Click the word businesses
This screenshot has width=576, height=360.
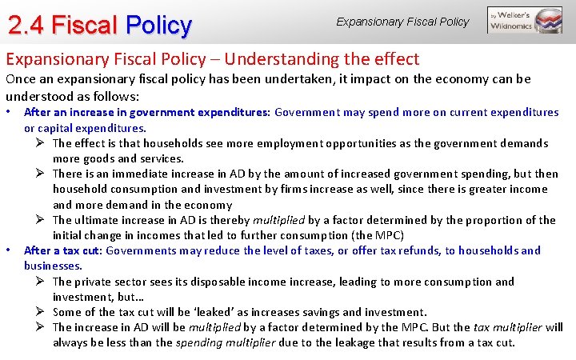52,266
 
